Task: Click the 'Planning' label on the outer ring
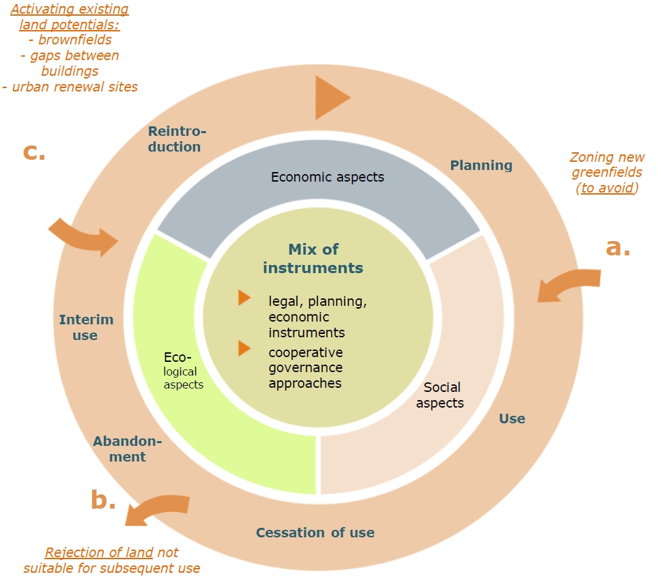click(481, 165)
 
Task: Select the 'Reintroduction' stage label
click(175, 139)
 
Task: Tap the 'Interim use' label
click(86, 327)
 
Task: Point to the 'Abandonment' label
click(128, 449)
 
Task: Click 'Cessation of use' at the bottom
click(315, 533)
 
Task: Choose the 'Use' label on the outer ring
click(512, 419)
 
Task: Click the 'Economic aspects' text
click(328, 177)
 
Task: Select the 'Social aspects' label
click(440, 395)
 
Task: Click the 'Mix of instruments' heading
click(313, 258)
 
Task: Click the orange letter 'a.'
click(618, 247)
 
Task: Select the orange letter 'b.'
click(103, 500)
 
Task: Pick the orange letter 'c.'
click(34, 152)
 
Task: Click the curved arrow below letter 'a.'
click(568, 283)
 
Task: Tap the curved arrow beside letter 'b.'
click(158, 510)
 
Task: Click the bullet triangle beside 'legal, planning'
click(244, 298)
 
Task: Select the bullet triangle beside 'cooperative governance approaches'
click(244, 348)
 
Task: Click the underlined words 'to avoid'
click(607, 188)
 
